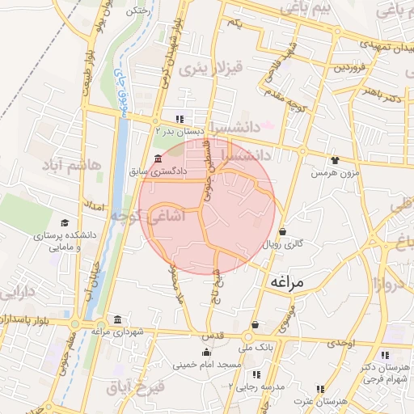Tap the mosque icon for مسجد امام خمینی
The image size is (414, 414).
pyautogui.click(x=206, y=352)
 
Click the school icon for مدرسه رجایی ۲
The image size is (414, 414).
pyautogui.click(x=256, y=374)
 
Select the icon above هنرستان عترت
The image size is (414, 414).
pyautogui.click(x=319, y=389)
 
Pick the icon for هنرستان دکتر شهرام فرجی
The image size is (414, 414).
pyautogui.click(x=385, y=354)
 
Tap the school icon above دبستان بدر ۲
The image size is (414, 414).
pyautogui.click(x=180, y=119)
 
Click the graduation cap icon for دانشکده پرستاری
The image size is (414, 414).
pyautogui.click(x=64, y=223)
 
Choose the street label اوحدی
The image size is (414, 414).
pyautogui.click(x=340, y=344)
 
